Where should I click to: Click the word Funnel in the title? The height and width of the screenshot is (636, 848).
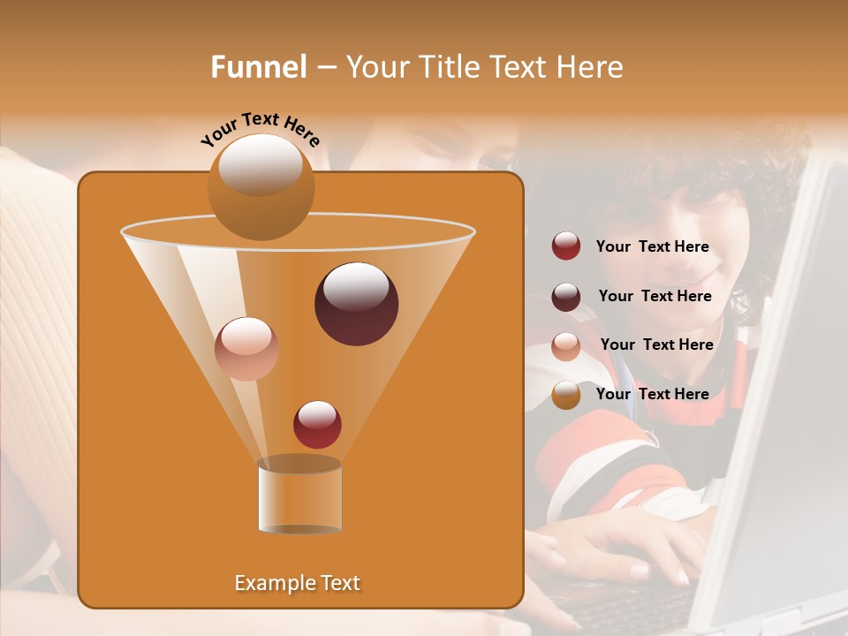pyautogui.click(x=259, y=67)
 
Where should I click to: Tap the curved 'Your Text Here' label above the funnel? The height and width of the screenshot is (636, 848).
pyautogui.click(x=261, y=129)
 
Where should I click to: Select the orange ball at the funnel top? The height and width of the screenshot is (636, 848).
pyautogui.click(x=261, y=186)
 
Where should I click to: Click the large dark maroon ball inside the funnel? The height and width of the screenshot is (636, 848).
pyautogui.click(x=356, y=303)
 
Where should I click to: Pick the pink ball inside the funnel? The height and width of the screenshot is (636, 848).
pyautogui.click(x=246, y=348)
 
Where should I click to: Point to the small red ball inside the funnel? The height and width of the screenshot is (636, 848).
pyautogui.click(x=317, y=424)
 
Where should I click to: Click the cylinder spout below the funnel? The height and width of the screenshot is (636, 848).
pyautogui.click(x=299, y=496)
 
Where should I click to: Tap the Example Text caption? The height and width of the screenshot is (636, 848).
pyautogui.click(x=297, y=583)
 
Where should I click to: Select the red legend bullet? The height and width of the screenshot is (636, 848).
pyautogui.click(x=566, y=246)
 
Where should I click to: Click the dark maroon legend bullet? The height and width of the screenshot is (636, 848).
pyautogui.click(x=566, y=297)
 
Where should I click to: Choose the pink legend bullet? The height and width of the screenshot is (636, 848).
pyautogui.click(x=566, y=346)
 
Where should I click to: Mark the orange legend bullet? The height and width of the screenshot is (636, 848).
pyautogui.click(x=566, y=395)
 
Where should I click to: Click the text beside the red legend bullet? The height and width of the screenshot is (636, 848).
pyautogui.click(x=652, y=247)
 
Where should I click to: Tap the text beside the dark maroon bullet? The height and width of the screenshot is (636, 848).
pyautogui.click(x=655, y=297)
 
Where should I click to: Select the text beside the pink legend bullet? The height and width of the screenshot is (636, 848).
pyautogui.click(x=656, y=345)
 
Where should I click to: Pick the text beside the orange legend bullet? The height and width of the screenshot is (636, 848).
pyautogui.click(x=652, y=394)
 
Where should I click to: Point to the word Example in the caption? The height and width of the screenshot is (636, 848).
pyautogui.click(x=268, y=583)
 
